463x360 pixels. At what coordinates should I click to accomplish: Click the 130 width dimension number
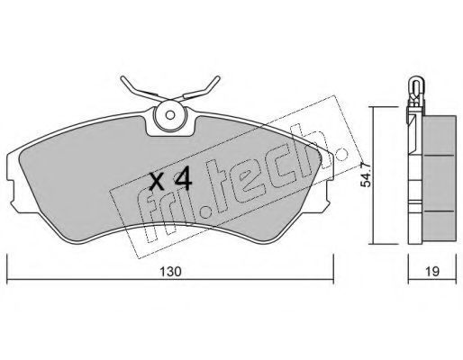coord(170,272)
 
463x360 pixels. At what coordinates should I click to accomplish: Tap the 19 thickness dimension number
coord(432,272)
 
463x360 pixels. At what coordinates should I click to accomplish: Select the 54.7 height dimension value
coord(366,175)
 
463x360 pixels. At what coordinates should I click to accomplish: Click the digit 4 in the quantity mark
coord(183,178)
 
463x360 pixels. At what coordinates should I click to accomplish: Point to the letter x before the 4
coord(157,183)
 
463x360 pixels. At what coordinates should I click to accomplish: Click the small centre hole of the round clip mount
coord(170,115)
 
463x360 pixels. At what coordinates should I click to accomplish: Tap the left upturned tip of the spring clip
coord(123,78)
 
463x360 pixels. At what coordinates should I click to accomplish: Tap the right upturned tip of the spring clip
coord(218,78)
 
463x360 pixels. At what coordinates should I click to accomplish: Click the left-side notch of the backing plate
coord(11,191)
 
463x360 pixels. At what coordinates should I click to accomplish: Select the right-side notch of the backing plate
coord(330,191)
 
